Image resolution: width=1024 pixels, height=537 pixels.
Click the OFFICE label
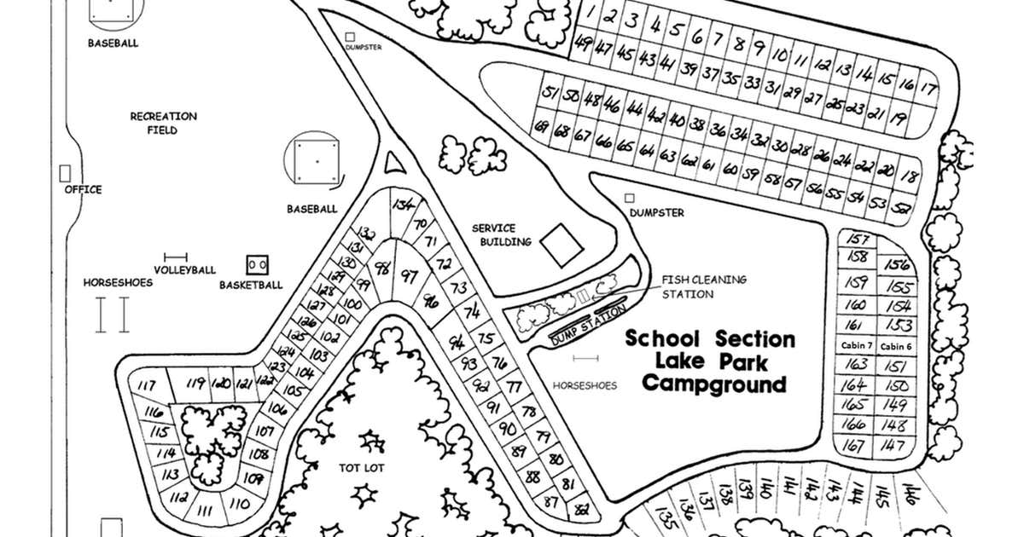tap(83, 189)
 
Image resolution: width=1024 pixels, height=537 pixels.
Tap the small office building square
tap(65, 172)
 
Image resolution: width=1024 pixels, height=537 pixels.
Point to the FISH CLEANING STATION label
tap(703, 286)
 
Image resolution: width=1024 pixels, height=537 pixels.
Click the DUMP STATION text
tap(587, 327)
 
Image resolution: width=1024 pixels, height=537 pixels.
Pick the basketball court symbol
tap(258, 264)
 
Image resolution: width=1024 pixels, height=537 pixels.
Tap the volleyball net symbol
tap(176, 256)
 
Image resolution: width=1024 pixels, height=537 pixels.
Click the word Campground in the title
tap(713, 384)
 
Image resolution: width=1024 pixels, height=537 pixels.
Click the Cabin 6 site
tap(896, 346)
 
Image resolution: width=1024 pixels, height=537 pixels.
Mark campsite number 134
tap(403, 205)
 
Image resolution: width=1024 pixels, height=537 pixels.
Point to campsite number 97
tap(410, 276)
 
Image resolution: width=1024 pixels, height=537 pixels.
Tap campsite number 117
tap(146, 385)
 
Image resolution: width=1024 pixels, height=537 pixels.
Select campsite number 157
tap(859, 240)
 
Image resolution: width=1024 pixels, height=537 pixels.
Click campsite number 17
tap(928, 88)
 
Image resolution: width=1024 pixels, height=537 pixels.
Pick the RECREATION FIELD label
tap(163, 123)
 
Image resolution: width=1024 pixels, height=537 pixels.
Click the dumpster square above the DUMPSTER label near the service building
tap(630, 198)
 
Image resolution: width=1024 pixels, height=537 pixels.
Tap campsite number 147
tap(893, 445)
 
